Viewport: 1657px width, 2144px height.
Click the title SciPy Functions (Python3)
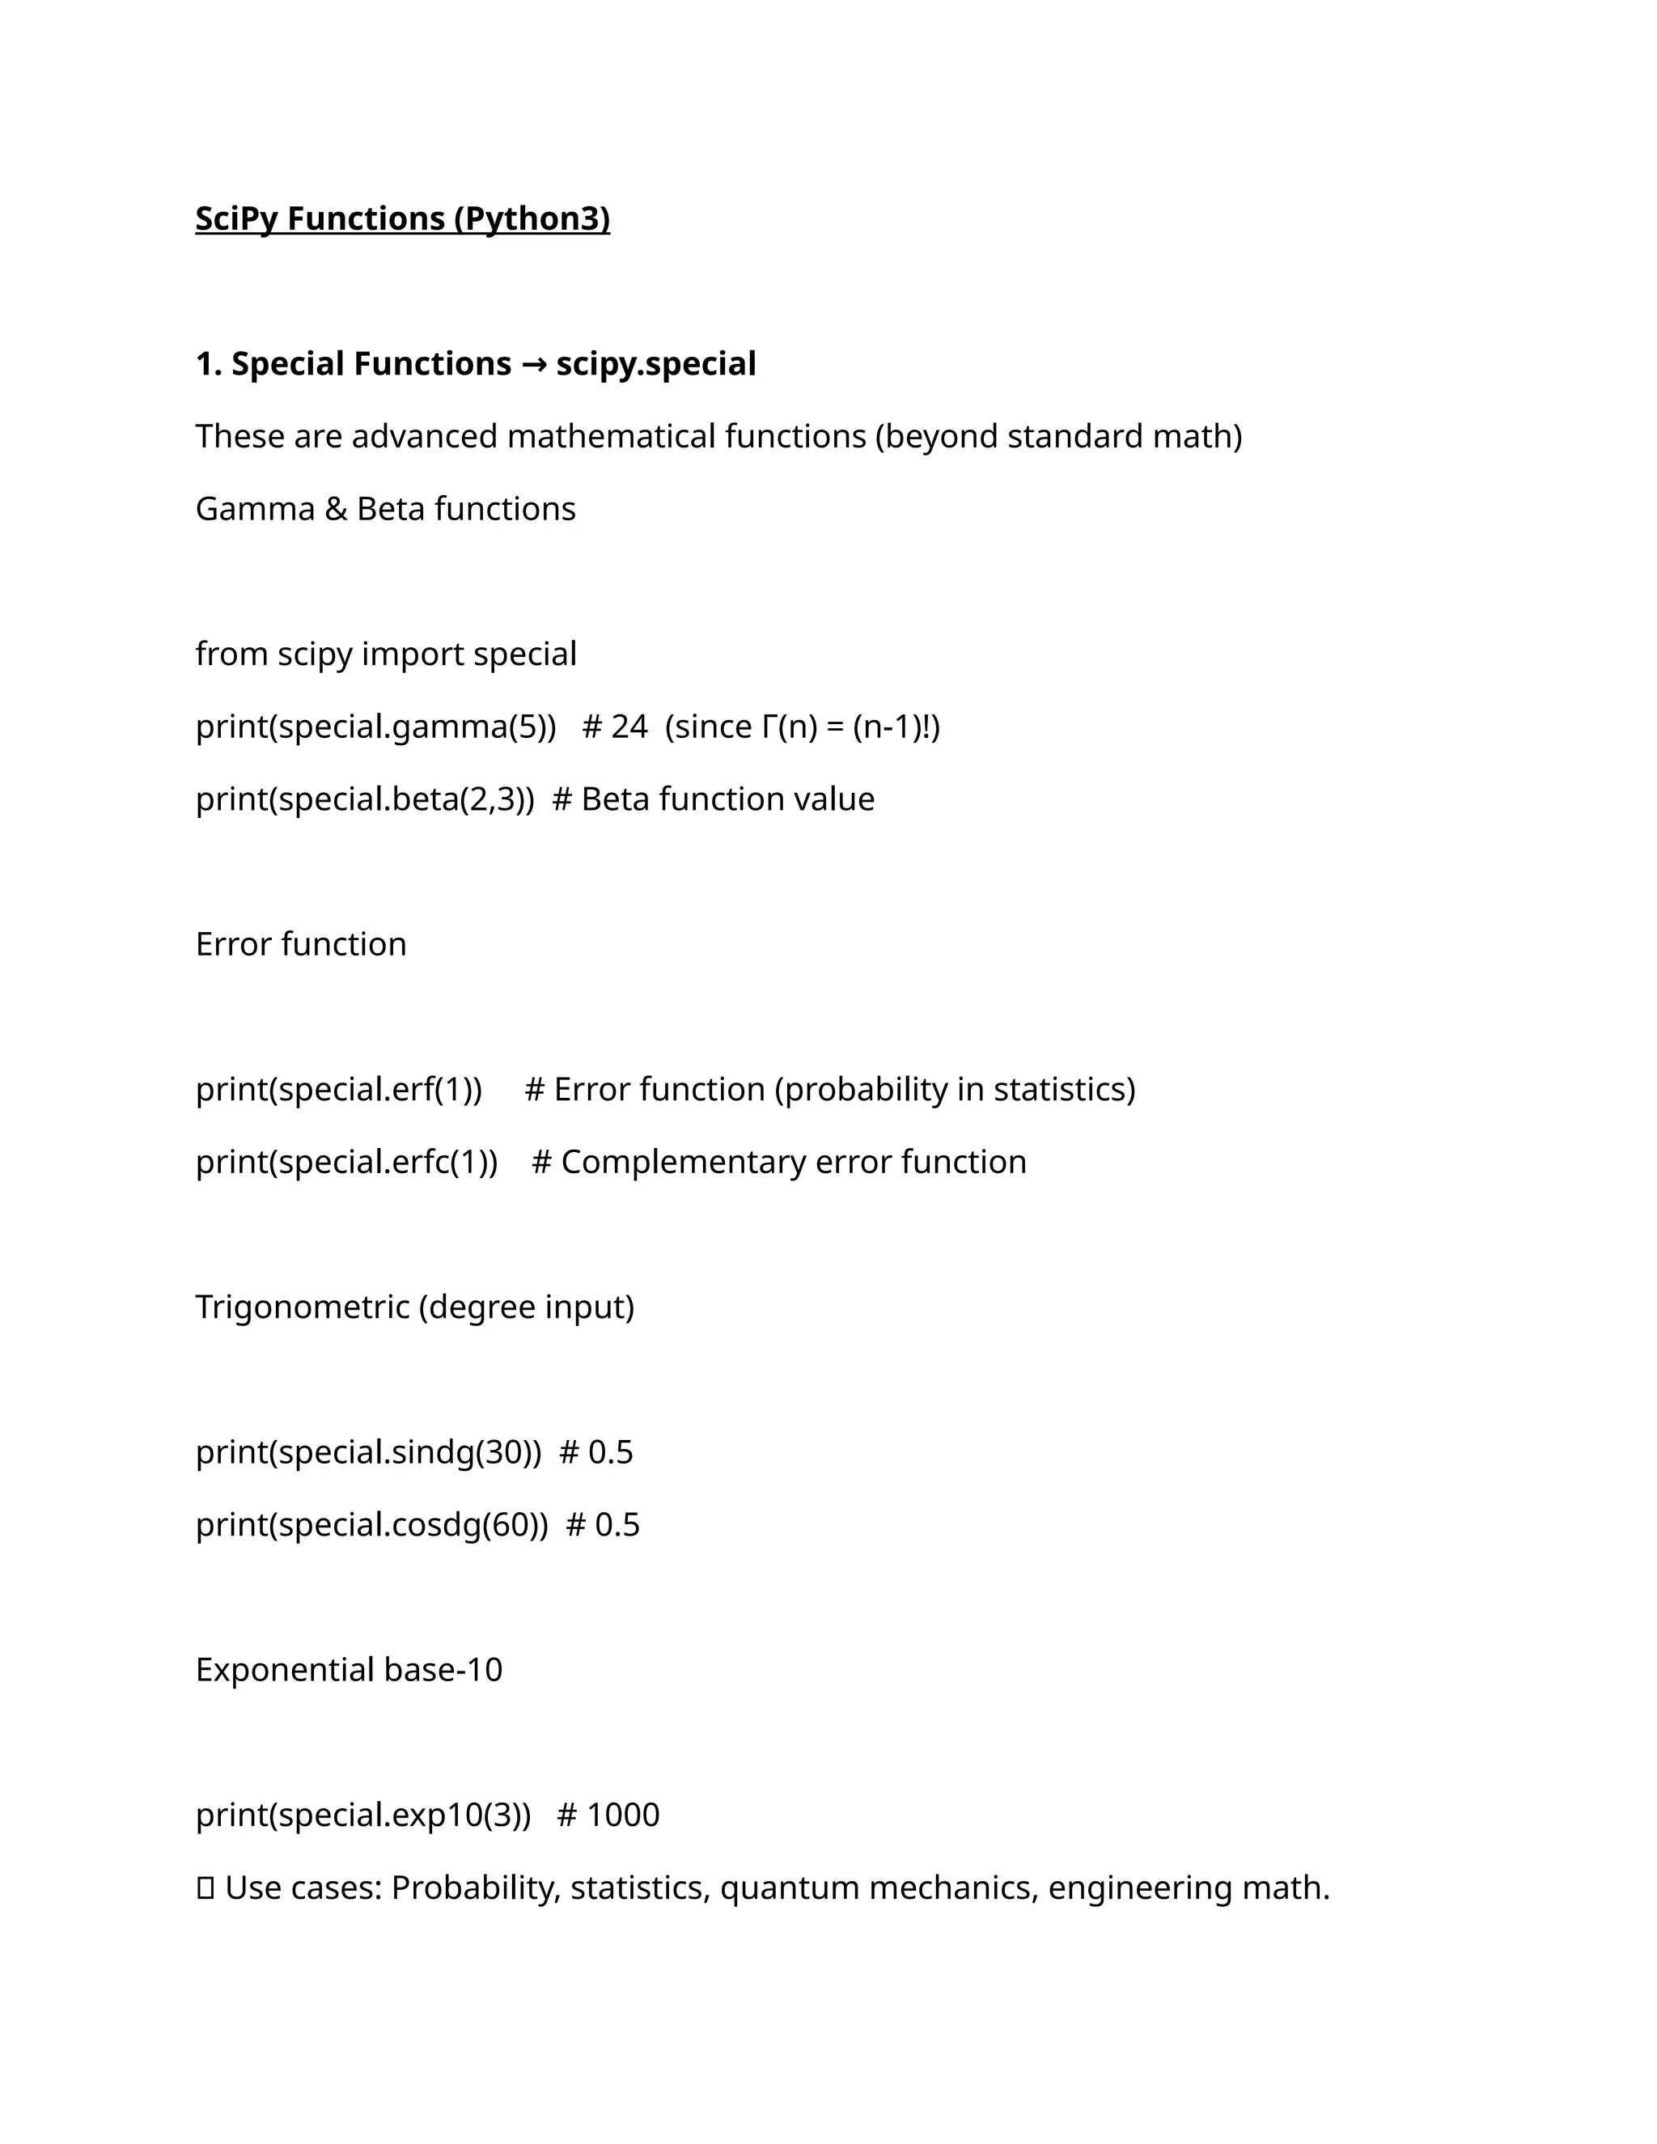(x=402, y=218)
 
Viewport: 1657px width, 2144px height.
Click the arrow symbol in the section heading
(x=533, y=364)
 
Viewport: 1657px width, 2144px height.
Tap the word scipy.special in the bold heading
(x=655, y=364)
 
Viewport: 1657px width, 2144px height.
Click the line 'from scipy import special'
(x=386, y=654)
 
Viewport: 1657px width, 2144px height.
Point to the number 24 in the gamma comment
(x=629, y=727)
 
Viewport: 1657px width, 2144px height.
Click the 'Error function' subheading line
(x=300, y=944)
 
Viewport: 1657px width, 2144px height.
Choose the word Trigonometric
(x=303, y=1307)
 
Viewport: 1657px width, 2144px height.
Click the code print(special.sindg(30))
(x=368, y=1452)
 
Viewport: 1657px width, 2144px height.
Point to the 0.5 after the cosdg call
(x=617, y=1524)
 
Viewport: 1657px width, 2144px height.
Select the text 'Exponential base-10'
(x=349, y=1670)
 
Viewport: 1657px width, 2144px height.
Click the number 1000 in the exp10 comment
(x=622, y=1816)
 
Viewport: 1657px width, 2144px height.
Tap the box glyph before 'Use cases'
(x=206, y=1888)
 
